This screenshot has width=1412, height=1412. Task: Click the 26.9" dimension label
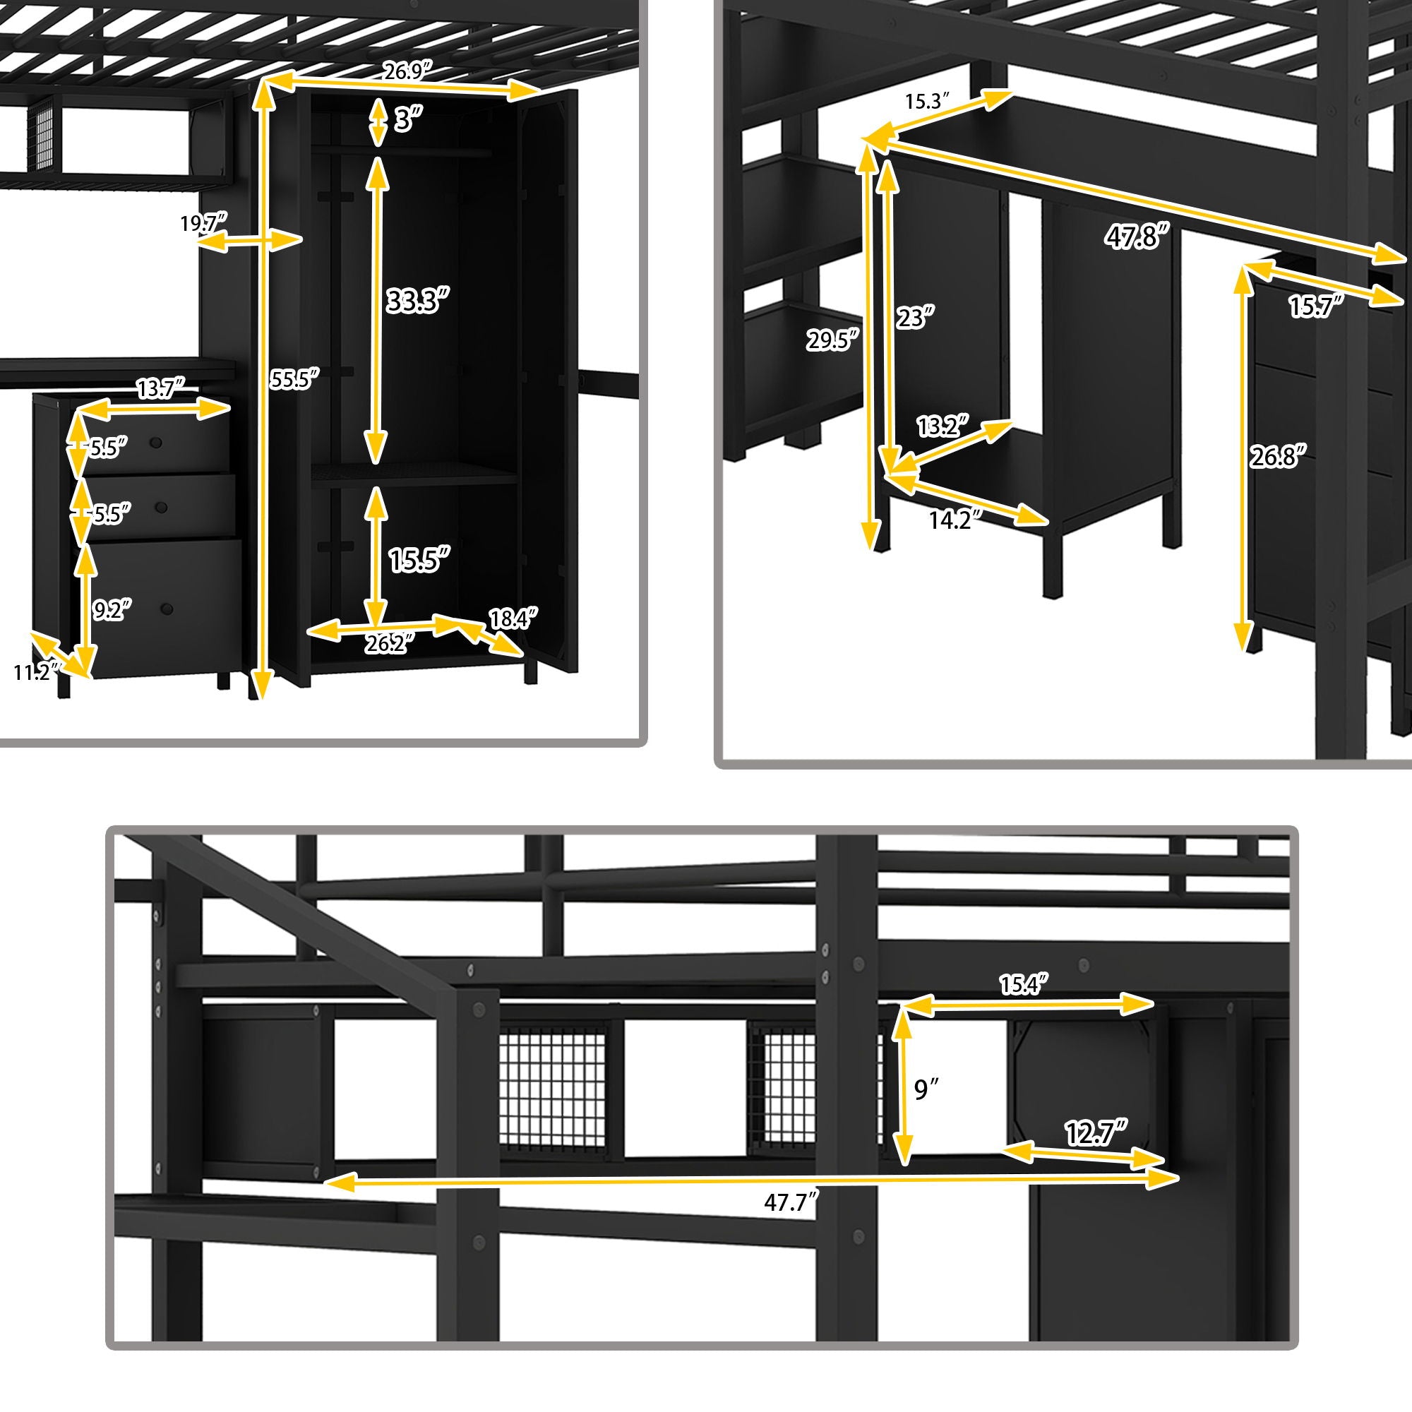[409, 71]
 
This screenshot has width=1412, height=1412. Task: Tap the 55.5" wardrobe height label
[294, 379]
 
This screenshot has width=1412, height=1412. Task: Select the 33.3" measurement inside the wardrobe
[417, 300]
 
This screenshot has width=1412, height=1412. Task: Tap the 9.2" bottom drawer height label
[112, 609]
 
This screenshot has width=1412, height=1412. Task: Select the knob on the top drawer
[155, 442]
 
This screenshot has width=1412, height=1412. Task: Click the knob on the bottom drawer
[167, 608]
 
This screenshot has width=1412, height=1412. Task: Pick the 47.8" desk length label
[1137, 237]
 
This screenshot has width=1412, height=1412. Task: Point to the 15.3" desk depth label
[928, 102]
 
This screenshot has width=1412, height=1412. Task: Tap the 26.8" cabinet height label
[1276, 457]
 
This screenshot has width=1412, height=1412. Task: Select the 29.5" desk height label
[832, 340]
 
